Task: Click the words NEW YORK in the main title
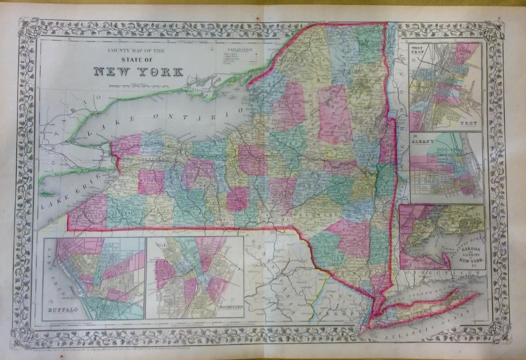tap(138, 72)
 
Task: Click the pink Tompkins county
tap(238, 198)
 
